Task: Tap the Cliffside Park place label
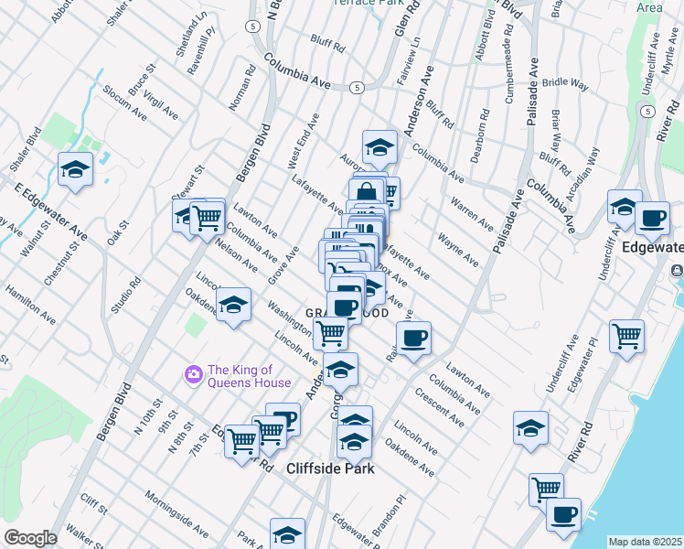click(x=330, y=468)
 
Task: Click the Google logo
click(x=30, y=537)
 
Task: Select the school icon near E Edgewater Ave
click(x=75, y=168)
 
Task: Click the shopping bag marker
click(x=366, y=193)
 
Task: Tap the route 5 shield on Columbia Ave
click(x=357, y=87)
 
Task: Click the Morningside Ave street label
click(x=176, y=512)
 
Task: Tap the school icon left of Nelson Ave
click(x=234, y=305)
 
